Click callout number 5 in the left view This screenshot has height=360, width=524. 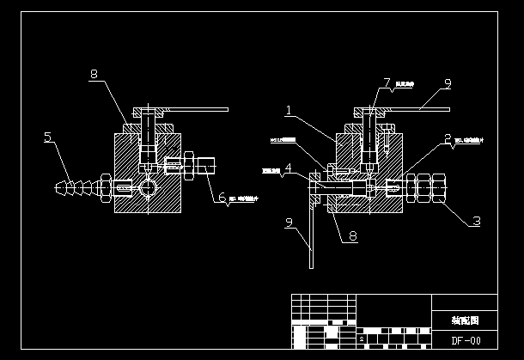pos(47,137)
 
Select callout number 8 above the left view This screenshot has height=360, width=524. pos(94,75)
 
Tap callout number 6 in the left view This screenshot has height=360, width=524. pos(222,198)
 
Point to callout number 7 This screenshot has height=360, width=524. pos(387,82)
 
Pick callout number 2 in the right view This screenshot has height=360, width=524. pos(448,137)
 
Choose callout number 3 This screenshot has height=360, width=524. pos(475,221)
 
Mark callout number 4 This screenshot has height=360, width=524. pos(289,168)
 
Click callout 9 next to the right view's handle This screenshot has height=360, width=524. pos(447,83)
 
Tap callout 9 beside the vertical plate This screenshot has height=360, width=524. pos(289,224)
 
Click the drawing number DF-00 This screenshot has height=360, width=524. pos(465,340)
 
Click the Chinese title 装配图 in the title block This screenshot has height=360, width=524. pos(464,320)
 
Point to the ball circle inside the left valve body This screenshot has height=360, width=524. pos(148,186)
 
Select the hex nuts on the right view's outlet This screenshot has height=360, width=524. pos(424,186)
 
